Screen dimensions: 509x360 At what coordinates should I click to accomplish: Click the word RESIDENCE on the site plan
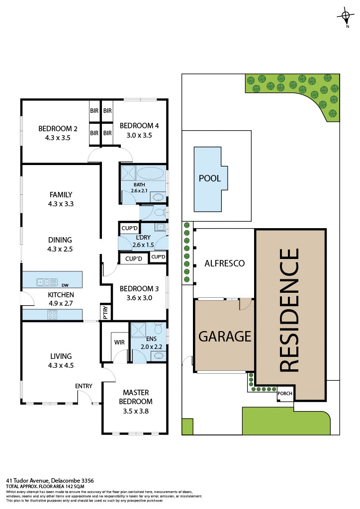pyautogui.click(x=290, y=310)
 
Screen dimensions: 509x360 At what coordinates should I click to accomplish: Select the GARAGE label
pyautogui.click(x=225, y=337)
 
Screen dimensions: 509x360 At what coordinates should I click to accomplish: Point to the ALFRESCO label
pyautogui.click(x=225, y=263)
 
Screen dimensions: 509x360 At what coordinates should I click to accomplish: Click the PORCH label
pyautogui.click(x=285, y=394)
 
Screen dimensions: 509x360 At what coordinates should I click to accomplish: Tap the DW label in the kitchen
pyautogui.click(x=65, y=286)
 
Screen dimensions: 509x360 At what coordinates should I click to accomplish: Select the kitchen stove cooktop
pyautogui.click(x=53, y=314)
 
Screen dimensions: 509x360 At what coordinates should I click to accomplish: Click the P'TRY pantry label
pyautogui.click(x=105, y=312)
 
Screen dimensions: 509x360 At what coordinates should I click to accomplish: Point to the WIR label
pyautogui.click(x=119, y=342)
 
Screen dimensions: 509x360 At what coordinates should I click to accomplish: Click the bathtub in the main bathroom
pyautogui.click(x=150, y=173)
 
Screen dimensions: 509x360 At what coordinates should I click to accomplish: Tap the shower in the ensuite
pyautogui.click(x=137, y=329)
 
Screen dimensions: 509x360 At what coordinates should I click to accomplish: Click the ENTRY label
pyautogui.click(x=84, y=386)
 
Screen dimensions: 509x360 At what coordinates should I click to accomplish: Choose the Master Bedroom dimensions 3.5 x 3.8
pyautogui.click(x=135, y=411)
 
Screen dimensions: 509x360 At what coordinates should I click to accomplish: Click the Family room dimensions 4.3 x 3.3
pyautogui.click(x=61, y=204)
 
